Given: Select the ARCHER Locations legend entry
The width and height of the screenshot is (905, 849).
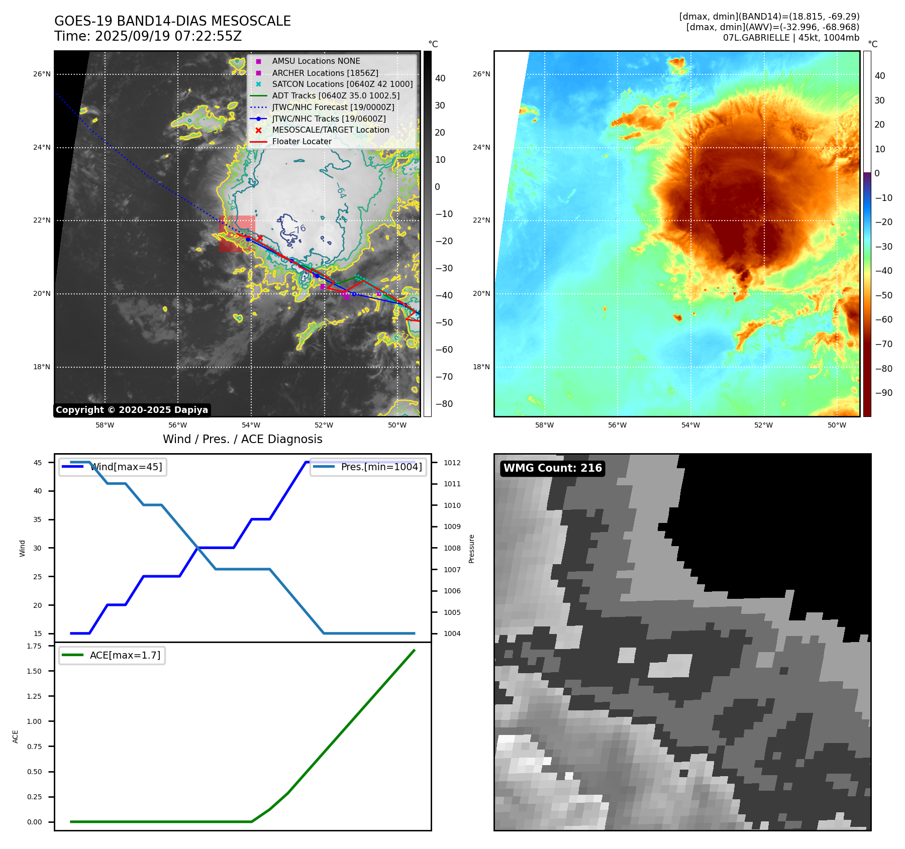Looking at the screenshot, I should tap(325, 73).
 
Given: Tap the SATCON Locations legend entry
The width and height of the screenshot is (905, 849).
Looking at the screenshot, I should tap(342, 84).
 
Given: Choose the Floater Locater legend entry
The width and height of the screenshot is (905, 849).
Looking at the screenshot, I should tap(301, 142).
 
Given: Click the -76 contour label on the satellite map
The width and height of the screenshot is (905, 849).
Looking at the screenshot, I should tap(299, 230).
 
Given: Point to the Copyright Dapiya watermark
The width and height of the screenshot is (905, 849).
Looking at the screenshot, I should tap(132, 410).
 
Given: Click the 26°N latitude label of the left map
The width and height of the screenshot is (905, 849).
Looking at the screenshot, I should tap(42, 74).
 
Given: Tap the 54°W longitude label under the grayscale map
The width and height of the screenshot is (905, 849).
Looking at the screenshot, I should tap(251, 426).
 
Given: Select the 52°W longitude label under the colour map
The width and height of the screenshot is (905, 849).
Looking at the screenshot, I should tap(763, 426).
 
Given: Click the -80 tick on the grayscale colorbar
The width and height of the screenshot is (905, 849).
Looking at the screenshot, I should tap(444, 404).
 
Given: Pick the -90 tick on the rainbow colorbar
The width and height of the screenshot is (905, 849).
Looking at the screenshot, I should tap(883, 393).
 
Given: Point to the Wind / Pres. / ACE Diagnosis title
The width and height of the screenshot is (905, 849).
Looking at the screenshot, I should tap(243, 439).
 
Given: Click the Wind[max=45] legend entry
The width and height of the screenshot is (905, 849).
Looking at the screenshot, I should tap(126, 467).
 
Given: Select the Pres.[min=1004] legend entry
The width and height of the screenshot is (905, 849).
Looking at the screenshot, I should tap(381, 467).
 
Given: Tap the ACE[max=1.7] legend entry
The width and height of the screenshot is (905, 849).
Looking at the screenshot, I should tap(125, 656).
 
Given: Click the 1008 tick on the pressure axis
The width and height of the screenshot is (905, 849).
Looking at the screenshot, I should tap(452, 548).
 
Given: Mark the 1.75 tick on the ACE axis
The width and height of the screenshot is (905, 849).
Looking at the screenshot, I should tap(34, 646).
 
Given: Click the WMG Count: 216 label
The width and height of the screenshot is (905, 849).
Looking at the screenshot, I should tap(553, 468).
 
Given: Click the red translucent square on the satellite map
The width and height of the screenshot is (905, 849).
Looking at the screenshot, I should tap(237, 234).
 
